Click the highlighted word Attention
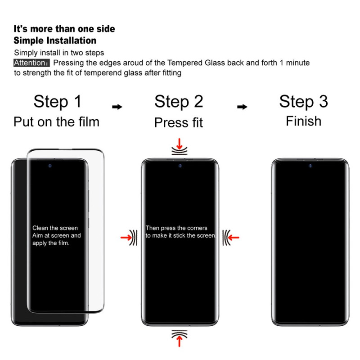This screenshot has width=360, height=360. [31, 63]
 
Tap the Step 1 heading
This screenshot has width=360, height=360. [58, 102]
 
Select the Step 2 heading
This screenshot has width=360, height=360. [179, 102]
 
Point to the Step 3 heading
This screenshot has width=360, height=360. [303, 102]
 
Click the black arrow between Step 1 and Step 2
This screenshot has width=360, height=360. [117, 107]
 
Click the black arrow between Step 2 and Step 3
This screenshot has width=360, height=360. [242, 107]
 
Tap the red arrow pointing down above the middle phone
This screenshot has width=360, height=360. [180, 144]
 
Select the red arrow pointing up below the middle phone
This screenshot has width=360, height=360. [180, 341]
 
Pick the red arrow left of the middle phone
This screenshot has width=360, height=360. [126, 238]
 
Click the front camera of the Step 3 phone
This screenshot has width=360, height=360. [310, 166]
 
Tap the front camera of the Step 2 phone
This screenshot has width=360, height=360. [180, 166]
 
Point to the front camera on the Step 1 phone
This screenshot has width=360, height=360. [50, 166]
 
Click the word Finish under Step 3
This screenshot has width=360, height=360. [303, 121]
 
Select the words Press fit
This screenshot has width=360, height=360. [179, 122]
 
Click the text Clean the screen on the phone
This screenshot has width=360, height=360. [55, 228]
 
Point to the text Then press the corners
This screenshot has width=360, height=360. [176, 228]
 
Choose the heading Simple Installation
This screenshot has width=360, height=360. [55, 40]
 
